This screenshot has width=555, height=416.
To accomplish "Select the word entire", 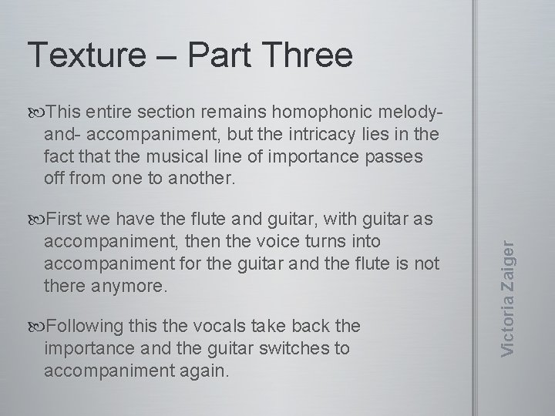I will click(107, 112).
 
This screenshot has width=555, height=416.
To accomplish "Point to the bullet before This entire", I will click(38, 112).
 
